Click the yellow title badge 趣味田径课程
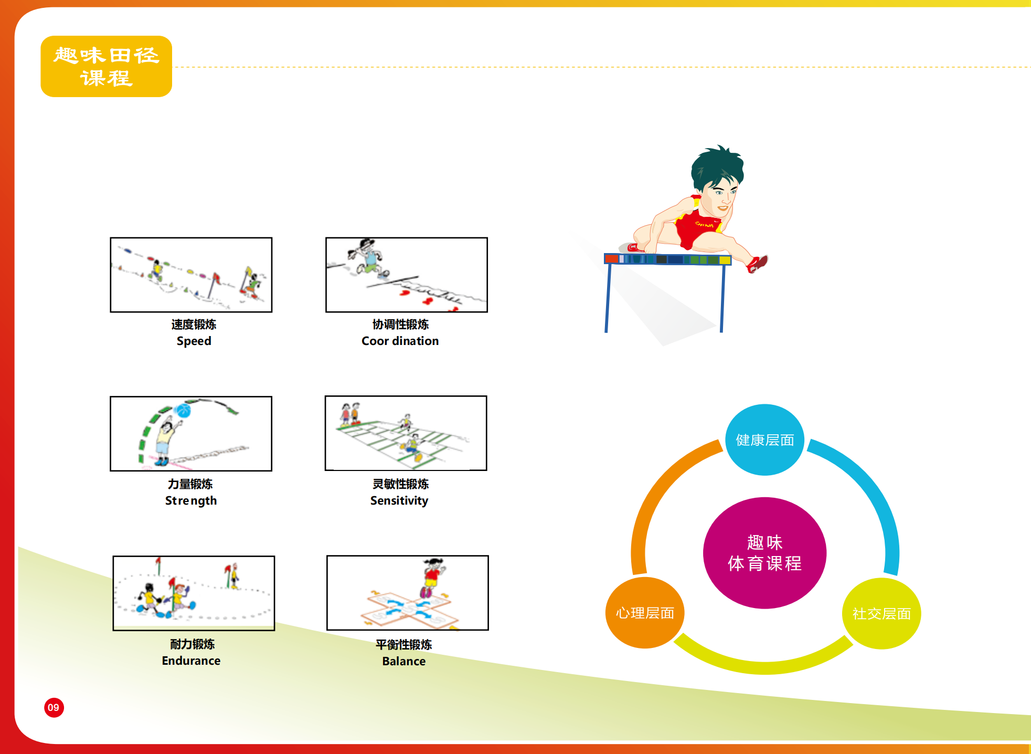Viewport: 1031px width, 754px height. click(106, 66)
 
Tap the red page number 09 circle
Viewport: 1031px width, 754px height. click(54, 707)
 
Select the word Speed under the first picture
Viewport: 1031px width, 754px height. click(194, 341)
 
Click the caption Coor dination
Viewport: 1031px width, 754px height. click(400, 341)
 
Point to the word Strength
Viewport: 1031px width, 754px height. click(191, 501)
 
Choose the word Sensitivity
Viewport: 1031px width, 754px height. click(399, 501)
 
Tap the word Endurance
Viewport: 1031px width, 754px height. click(191, 661)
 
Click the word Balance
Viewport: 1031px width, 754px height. click(403, 661)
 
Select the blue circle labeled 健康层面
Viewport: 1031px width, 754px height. click(764, 440)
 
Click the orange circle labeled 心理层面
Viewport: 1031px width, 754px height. click(645, 613)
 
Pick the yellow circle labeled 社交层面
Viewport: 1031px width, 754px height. click(881, 613)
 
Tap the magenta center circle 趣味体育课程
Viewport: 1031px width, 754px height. click(764, 553)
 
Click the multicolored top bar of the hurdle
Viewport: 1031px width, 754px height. click(667, 259)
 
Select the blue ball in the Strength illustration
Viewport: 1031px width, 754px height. click(183, 410)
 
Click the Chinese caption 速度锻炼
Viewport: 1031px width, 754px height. click(194, 324)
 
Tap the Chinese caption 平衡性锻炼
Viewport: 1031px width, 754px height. click(403, 644)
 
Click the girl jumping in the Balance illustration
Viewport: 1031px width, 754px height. click(433, 578)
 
